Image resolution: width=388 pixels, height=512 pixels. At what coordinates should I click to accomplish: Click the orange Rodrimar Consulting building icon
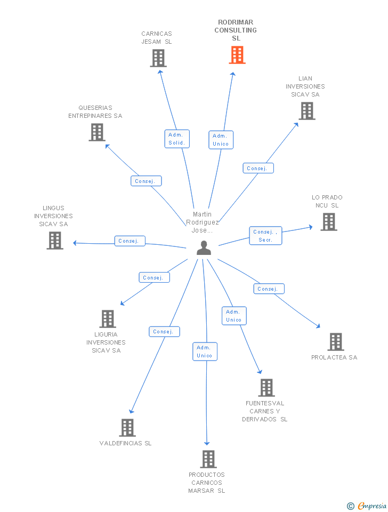pyautogui.click(x=237, y=55)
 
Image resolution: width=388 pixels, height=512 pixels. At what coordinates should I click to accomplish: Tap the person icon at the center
pyautogui.click(x=204, y=248)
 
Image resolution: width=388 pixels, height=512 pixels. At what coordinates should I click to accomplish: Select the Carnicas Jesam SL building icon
pyautogui.click(x=158, y=58)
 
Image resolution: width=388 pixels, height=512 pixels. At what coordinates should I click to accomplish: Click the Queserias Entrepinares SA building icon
pyautogui.click(x=97, y=132)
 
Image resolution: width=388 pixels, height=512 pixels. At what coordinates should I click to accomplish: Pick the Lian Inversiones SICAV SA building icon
pyautogui.click(x=306, y=110)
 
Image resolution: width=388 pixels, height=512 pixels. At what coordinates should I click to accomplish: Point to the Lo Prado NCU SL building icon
pyautogui.click(x=329, y=222)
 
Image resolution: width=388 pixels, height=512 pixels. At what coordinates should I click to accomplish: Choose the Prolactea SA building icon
pyautogui.click(x=335, y=342)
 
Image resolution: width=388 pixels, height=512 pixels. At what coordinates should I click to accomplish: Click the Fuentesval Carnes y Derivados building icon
pyautogui.click(x=266, y=388)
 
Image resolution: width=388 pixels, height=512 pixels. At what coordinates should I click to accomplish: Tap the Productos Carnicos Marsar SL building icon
pyautogui.click(x=208, y=459)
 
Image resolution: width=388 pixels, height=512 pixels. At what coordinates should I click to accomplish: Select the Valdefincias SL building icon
pyautogui.click(x=127, y=427)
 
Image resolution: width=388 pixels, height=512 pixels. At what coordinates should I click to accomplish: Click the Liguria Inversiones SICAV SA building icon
pyautogui.click(x=108, y=319)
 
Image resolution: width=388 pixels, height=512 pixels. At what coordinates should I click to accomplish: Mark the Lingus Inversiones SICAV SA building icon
pyautogui.click(x=55, y=241)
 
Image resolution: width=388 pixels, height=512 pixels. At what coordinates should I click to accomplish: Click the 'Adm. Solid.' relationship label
pyautogui.click(x=176, y=139)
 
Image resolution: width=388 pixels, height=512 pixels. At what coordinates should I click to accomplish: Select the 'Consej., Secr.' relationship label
pyautogui.click(x=265, y=236)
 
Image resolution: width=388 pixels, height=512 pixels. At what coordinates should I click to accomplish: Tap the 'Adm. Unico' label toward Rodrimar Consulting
pyautogui.click(x=220, y=140)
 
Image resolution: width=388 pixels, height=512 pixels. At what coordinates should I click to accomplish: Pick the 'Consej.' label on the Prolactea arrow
pyautogui.click(x=268, y=289)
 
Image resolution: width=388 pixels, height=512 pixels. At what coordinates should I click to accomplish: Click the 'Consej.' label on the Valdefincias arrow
pyautogui.click(x=164, y=332)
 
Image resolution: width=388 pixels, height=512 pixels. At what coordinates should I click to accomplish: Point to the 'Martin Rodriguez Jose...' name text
pyautogui.click(x=203, y=222)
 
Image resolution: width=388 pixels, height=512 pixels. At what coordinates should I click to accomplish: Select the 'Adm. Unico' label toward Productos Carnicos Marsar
pyautogui.click(x=205, y=351)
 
